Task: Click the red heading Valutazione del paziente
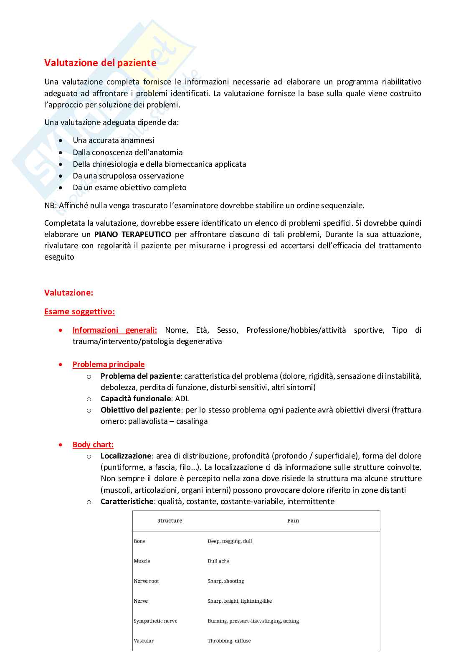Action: pos(100,63)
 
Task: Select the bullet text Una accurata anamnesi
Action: pos(113,140)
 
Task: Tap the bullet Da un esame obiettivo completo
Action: pos(129,188)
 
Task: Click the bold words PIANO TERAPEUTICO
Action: pos(133,234)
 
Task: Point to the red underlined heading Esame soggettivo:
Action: pos(79,312)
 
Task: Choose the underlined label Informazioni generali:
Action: pos(115,330)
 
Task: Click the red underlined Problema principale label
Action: pos(109,364)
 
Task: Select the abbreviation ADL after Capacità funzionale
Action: pos(182,399)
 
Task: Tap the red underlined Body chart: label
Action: pos(93,445)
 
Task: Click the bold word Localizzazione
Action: pos(126,456)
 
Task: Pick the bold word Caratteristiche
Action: pos(127,502)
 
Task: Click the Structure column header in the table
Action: pos(170,521)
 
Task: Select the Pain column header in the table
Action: pos(293,521)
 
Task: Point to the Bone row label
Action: pos(139,541)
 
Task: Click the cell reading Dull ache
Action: pos(218,561)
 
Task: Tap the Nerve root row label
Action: pos(146,581)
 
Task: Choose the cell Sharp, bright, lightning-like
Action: pos(240,601)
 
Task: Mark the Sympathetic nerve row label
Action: pos(155,621)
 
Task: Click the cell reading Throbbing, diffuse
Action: pos(229,641)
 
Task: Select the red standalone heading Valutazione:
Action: pos(68,293)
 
